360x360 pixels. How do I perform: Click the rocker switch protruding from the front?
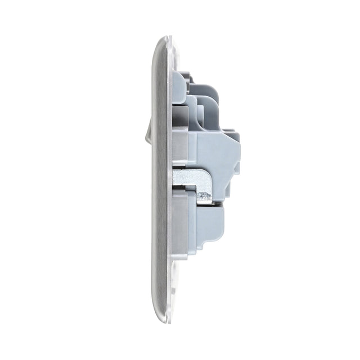click(x=148, y=130)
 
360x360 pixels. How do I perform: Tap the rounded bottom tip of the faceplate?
click(x=163, y=320)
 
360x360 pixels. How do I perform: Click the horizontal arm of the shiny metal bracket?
click(x=188, y=178)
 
